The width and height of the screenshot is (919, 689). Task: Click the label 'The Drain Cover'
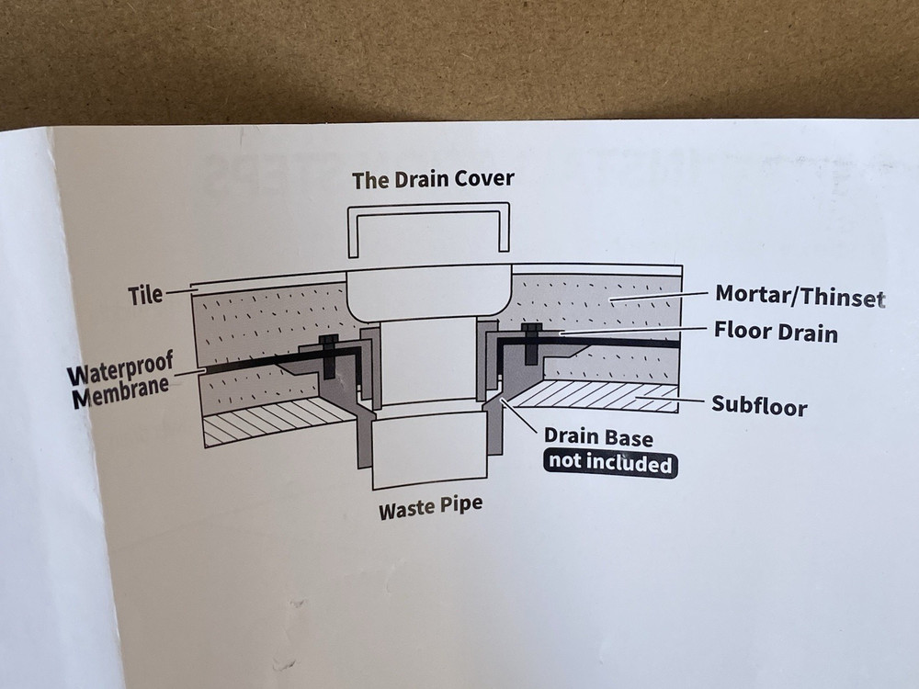[x=433, y=179]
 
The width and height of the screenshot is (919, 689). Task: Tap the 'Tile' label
[x=144, y=295]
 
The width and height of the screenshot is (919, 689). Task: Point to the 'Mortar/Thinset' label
[x=799, y=297]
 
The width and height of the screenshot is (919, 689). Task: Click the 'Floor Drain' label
[x=776, y=330]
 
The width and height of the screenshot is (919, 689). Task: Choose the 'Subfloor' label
[x=759, y=404]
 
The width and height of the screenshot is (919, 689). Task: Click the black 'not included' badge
[x=609, y=463]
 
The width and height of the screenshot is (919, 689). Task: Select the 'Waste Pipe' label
[x=430, y=506]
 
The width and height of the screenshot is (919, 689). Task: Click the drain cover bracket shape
[x=428, y=230]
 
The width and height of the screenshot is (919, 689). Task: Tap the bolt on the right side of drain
[x=529, y=344]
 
